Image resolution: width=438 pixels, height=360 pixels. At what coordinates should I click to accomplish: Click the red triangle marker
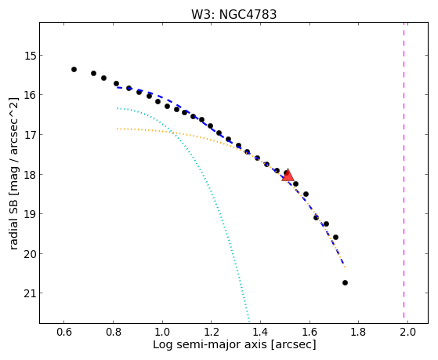click(288, 176)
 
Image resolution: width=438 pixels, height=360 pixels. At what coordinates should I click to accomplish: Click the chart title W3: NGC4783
click(233, 15)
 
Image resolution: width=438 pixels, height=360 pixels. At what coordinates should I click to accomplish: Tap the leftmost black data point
click(74, 69)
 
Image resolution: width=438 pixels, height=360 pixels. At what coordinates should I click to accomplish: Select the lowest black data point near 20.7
click(345, 283)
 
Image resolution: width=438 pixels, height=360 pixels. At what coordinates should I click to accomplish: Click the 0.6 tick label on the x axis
click(64, 332)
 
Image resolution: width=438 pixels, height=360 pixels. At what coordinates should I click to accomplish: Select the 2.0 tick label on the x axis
click(407, 332)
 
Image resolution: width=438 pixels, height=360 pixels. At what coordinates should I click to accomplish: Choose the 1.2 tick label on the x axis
click(212, 332)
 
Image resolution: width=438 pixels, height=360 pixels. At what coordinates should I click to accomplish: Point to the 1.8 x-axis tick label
click(359, 332)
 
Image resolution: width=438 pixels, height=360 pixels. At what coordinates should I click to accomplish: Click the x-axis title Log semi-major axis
click(210, 344)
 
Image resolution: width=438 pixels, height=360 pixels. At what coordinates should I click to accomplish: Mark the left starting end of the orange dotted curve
click(118, 129)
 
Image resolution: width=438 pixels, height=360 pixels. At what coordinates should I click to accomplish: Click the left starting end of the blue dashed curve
click(118, 88)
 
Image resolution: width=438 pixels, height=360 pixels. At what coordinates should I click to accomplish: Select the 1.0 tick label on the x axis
click(162, 332)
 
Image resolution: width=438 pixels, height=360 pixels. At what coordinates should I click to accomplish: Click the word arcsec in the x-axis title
click(293, 344)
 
